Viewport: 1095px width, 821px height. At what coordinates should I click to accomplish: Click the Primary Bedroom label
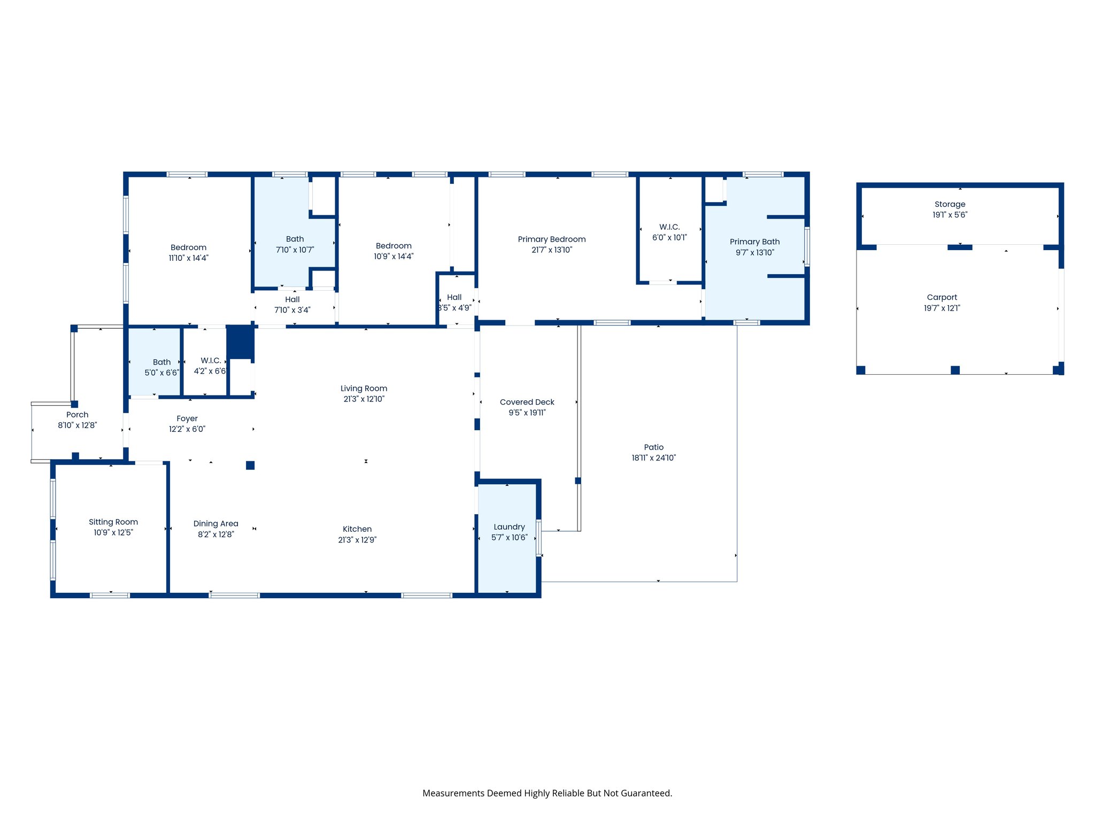click(x=551, y=239)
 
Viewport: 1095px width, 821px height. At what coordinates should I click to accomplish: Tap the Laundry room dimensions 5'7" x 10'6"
click(x=509, y=538)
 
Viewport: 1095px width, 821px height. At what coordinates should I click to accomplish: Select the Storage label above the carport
click(x=950, y=204)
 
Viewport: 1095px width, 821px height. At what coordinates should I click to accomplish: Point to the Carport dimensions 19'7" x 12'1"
click(x=942, y=308)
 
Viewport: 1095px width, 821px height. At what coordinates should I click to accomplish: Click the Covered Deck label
click(x=527, y=402)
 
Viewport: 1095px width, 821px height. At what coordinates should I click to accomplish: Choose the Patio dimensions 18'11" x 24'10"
click(x=653, y=458)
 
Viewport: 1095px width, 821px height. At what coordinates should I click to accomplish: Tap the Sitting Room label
click(x=113, y=522)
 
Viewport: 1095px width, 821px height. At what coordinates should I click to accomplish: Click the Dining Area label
click(x=215, y=524)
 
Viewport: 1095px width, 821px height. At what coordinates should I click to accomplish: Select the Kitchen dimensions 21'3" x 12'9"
click(x=357, y=540)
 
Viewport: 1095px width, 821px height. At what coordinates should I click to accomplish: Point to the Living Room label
click(x=364, y=389)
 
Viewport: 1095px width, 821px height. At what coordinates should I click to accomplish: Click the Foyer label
click(x=187, y=419)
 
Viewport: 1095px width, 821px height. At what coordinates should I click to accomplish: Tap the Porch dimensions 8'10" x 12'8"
click(x=77, y=425)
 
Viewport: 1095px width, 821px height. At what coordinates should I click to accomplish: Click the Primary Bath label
click(x=754, y=242)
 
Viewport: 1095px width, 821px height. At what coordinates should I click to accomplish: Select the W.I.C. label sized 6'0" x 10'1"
click(x=669, y=227)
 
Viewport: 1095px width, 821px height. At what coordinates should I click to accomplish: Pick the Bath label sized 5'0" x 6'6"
click(x=161, y=362)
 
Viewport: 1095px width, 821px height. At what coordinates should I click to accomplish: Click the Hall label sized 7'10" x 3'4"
click(x=292, y=300)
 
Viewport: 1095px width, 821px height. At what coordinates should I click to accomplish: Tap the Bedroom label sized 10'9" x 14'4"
click(x=394, y=246)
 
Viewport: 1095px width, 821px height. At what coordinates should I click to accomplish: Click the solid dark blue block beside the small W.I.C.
click(x=240, y=342)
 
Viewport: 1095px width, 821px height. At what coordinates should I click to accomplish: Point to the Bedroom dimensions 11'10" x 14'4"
click(x=188, y=258)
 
